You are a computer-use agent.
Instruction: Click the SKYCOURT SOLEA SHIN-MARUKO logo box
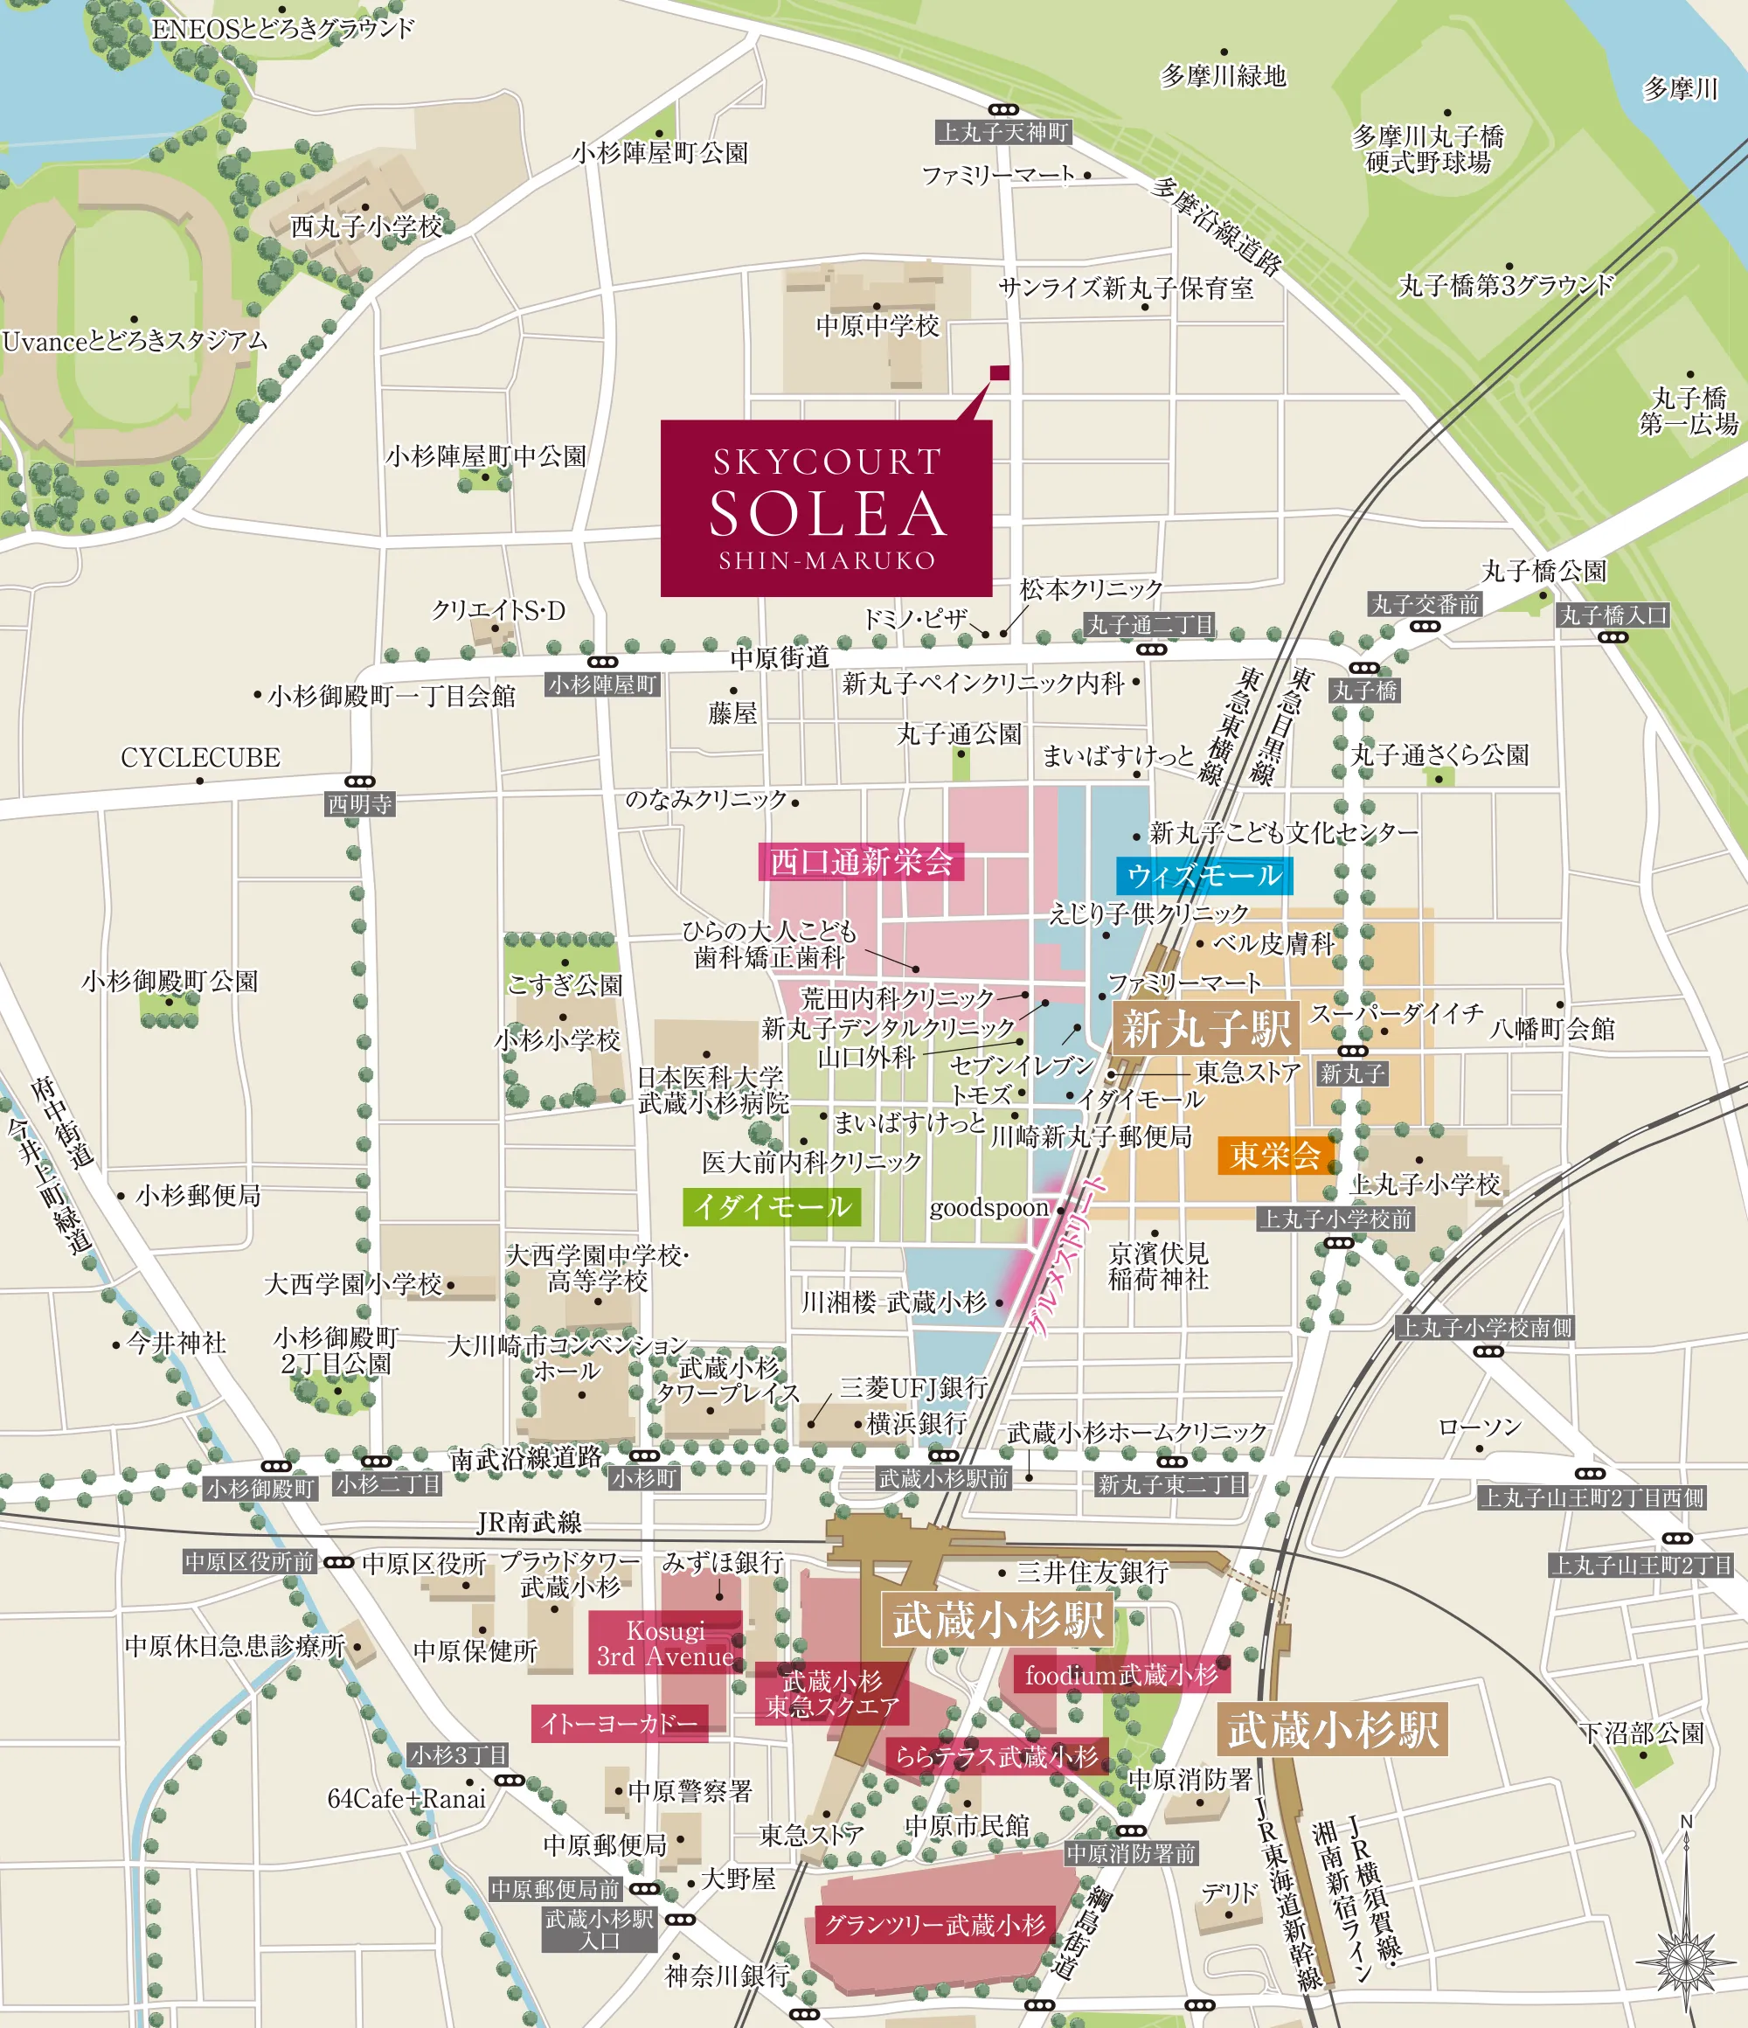pos(826,508)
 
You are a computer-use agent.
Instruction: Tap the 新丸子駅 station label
pos(1206,1029)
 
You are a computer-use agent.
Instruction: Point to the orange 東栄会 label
pos(1275,1155)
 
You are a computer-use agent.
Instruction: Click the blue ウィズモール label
pos(1203,875)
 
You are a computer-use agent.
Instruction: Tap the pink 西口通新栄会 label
pos(860,861)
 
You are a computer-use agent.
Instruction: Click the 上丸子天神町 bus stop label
pos(1003,132)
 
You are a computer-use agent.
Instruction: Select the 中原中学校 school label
pos(877,325)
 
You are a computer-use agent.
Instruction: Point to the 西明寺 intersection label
pos(359,803)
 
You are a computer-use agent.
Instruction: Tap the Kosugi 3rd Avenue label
pos(664,1643)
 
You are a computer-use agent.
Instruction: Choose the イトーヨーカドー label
pos(620,1723)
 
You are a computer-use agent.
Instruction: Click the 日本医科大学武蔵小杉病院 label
pos(711,1089)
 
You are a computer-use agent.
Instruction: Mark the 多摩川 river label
pos(1680,89)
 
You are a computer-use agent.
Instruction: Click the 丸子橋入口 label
pos(1613,615)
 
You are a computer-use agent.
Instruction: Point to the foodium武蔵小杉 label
pos(1120,1675)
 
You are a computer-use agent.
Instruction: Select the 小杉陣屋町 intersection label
pos(602,684)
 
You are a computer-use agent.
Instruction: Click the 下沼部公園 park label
pos(1641,1733)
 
